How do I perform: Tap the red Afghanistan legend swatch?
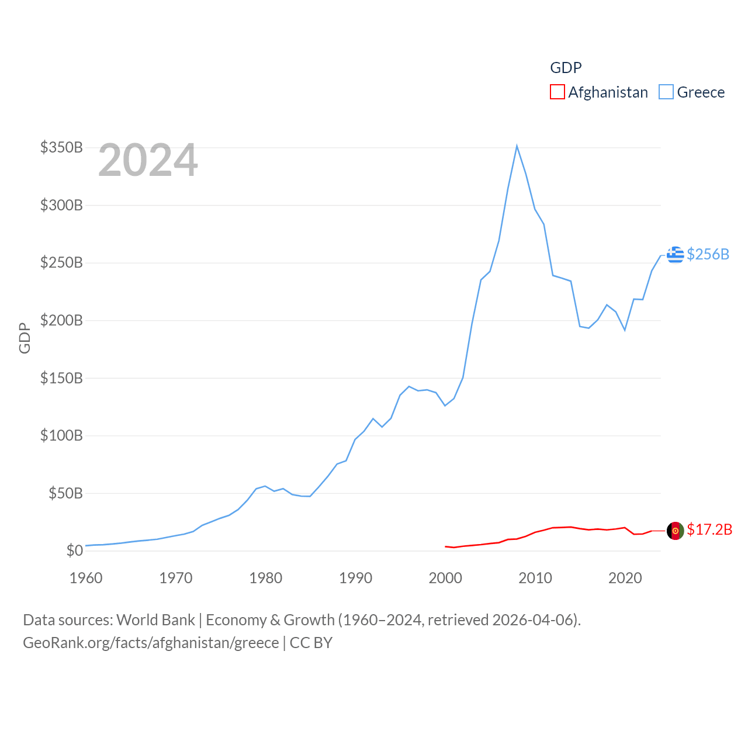557,92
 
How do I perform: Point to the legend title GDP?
566,68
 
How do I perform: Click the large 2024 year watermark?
148,160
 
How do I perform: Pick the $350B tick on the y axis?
61,147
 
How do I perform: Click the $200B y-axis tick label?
61,320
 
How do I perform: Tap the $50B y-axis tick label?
65,493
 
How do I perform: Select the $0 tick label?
74,550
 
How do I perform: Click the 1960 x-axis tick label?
86,578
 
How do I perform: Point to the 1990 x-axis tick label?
355,578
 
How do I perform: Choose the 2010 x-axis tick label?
535,578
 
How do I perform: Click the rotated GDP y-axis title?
25,338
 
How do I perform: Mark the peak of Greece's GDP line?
517,146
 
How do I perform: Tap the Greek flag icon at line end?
676,254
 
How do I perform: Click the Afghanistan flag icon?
676,531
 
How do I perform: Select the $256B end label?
708,254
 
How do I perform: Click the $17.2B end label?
709,529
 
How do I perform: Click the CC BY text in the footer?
311,643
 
